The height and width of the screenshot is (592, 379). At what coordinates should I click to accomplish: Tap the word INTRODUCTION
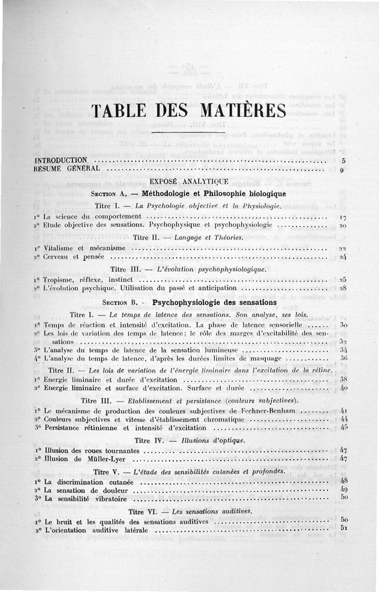(61, 160)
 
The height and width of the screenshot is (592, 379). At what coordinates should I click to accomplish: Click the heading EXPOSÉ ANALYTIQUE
(189, 181)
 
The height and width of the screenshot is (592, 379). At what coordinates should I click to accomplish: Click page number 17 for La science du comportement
(343, 217)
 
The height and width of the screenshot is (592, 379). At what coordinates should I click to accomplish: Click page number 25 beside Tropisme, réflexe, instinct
(343, 279)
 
